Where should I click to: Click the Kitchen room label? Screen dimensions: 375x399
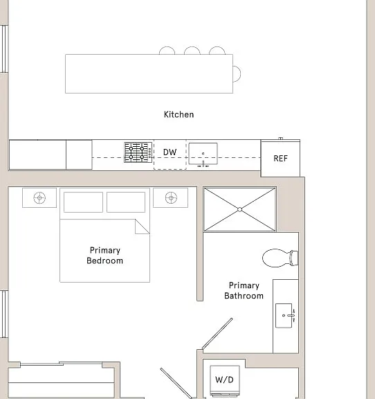179,114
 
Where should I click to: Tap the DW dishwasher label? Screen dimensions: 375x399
170,152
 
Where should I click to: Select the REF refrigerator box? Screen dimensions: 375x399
280,158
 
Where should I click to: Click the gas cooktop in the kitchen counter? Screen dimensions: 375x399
138,152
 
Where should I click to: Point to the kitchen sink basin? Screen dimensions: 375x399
203,154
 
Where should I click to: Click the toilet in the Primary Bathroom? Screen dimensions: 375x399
280,258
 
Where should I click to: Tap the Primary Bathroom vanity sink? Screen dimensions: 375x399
284,316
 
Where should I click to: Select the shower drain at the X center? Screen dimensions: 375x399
240,209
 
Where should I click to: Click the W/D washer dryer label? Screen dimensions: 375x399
224,380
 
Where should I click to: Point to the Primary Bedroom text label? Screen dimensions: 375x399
104,256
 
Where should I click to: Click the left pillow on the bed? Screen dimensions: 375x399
84,202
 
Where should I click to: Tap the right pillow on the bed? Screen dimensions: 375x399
126,202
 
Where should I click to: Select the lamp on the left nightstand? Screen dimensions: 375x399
39,197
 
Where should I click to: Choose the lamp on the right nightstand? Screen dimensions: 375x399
171,197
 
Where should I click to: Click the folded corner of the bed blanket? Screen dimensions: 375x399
142,227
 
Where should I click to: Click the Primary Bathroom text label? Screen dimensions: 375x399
244,291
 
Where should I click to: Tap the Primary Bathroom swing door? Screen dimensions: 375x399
217,334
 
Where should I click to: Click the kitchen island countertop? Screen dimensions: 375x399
149,73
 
